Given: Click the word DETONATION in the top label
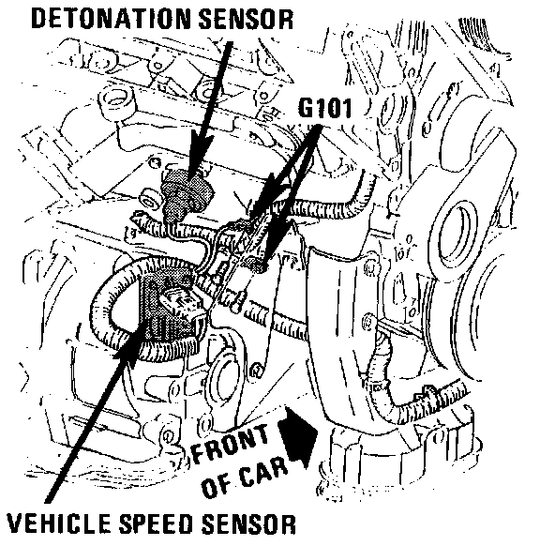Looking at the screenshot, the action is [111, 19].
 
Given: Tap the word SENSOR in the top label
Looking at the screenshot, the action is [246, 19].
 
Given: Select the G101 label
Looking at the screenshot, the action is [325, 108].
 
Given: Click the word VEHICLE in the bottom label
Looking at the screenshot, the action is [60, 523].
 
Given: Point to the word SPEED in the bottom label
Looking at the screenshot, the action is [156, 523].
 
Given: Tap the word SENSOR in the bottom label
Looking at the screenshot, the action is [248, 523].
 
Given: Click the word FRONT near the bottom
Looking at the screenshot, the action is [231, 443].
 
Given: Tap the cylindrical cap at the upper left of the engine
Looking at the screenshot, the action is [117, 100].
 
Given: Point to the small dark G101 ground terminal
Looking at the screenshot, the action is [258, 264].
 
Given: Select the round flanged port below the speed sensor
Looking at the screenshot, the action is [223, 376].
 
